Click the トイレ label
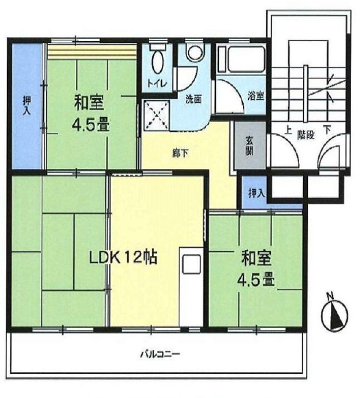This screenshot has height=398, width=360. click(x=157, y=84)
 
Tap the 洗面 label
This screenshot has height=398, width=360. click(x=194, y=99)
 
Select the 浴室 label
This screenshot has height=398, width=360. click(x=255, y=96)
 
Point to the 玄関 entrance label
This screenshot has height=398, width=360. click(x=249, y=146)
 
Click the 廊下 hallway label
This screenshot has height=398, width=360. click(x=180, y=153)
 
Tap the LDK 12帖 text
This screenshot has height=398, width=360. click(x=123, y=258)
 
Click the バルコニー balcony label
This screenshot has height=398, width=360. click(x=160, y=354)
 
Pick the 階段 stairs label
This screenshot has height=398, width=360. click(x=306, y=135)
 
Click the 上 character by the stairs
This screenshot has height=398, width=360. click(x=287, y=130)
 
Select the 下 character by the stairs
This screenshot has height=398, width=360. click(x=327, y=130)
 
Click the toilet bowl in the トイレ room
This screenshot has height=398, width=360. click(x=157, y=61)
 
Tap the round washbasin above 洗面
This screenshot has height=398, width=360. click(x=195, y=53)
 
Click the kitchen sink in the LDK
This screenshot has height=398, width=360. click(x=192, y=264)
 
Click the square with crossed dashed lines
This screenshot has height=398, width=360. click(x=157, y=116)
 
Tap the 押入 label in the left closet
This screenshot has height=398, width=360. click(x=27, y=105)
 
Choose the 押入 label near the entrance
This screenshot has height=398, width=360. click(x=257, y=193)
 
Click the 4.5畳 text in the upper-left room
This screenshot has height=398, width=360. click(x=90, y=125)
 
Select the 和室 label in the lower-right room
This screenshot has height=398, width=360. click(x=256, y=258)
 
